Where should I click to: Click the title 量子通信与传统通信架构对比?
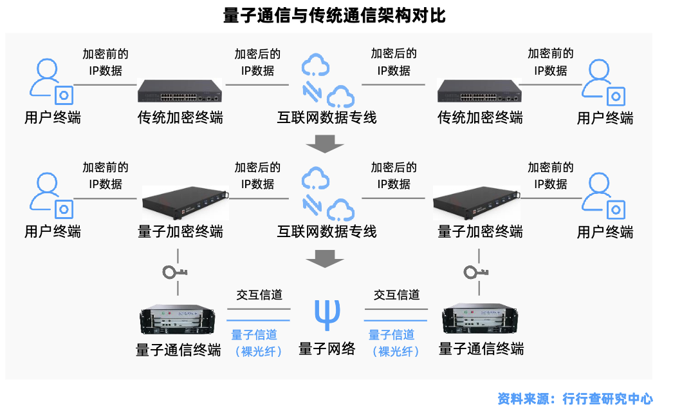pos(334,15)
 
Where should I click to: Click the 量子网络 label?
pos(327,349)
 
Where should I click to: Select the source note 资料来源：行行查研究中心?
pos(575,399)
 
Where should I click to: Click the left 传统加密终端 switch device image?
pos(180,91)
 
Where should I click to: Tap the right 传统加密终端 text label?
pos(480,118)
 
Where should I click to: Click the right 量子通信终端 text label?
pos(481,349)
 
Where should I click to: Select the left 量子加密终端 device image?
pos(185,204)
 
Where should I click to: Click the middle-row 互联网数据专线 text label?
pos(327,231)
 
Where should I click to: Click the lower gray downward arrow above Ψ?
pos(325,259)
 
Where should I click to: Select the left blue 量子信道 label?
pos(254,335)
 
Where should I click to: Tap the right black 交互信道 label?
pos(397,295)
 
